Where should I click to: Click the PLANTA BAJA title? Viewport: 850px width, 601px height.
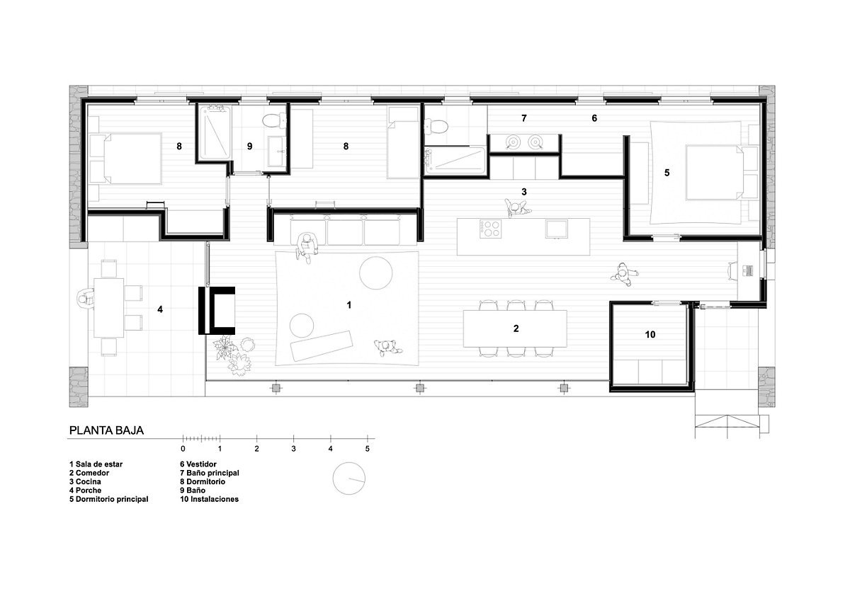coord(106,430)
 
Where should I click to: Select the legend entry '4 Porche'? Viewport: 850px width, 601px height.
coord(86,491)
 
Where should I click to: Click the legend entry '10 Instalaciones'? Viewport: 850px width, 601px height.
coord(209,499)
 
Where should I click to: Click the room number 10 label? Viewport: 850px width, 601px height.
coord(650,334)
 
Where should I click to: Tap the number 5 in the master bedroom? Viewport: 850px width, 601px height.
coord(667,173)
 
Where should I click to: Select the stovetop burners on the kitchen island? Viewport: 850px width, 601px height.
coord(490,229)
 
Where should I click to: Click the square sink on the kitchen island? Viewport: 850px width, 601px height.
coord(556,229)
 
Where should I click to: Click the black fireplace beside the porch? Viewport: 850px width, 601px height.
coord(217,311)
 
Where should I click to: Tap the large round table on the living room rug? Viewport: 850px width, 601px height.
coord(375,273)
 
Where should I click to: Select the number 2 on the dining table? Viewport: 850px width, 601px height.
coord(516,328)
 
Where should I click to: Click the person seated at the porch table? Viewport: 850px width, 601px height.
coord(86,299)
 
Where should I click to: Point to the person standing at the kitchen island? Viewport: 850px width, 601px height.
coord(516,208)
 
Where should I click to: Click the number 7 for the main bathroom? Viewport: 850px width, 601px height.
coord(523,118)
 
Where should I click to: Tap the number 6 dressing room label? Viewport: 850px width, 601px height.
coord(594,118)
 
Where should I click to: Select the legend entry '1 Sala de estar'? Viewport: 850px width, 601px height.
coord(96,464)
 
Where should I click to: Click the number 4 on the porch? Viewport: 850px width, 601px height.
coord(160,309)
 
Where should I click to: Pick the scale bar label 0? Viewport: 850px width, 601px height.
coord(183,449)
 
